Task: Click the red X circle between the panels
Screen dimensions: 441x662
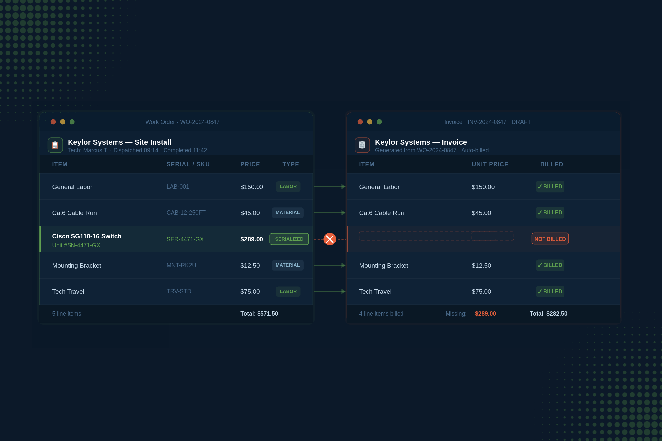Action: (x=330, y=239)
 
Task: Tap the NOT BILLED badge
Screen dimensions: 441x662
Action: (x=550, y=239)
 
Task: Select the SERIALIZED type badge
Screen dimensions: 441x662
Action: (x=289, y=239)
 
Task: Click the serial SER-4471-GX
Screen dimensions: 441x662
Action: (x=185, y=239)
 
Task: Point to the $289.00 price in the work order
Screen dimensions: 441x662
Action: (x=252, y=239)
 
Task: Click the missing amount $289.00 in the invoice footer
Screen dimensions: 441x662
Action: (x=485, y=314)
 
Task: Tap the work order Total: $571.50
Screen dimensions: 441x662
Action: (x=259, y=314)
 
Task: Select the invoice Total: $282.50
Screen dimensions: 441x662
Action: (x=548, y=314)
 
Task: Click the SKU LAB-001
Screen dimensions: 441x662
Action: (x=178, y=187)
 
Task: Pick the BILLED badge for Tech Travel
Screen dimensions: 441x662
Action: (x=550, y=291)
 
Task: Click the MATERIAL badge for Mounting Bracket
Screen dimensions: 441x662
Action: (x=288, y=265)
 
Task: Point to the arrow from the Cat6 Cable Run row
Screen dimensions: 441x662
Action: (x=329, y=213)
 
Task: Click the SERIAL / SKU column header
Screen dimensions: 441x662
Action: (x=188, y=164)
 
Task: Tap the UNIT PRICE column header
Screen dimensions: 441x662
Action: (x=490, y=164)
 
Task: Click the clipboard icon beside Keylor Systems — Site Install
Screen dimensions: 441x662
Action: (x=55, y=145)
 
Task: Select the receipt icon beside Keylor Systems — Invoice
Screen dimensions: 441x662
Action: (x=362, y=145)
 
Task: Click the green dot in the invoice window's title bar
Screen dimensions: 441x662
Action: (x=379, y=122)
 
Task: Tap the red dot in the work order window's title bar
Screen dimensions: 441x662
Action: (x=53, y=122)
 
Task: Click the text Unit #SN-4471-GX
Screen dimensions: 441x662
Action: (x=76, y=245)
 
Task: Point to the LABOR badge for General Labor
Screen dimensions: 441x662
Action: (x=288, y=187)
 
